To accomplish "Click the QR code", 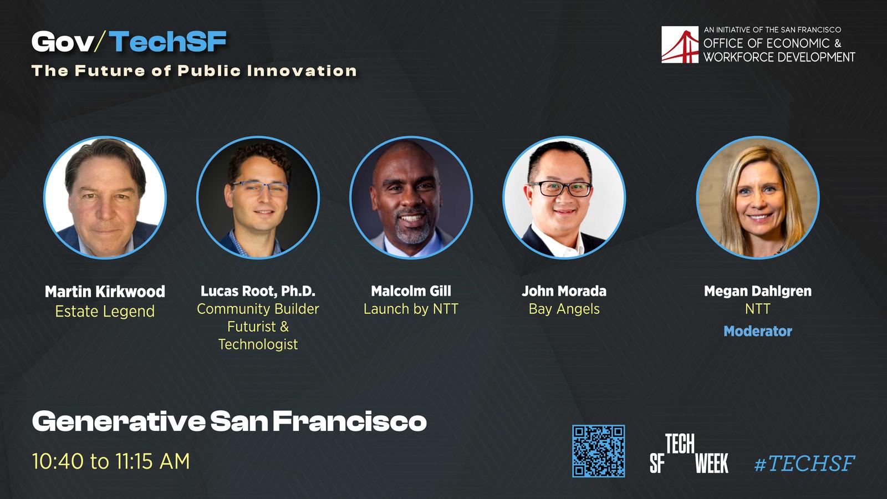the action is click(598, 451).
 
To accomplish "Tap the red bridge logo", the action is click(680, 44).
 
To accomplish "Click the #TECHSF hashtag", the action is click(804, 463).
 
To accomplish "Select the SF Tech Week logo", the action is click(689, 454).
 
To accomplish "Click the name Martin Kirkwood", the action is click(105, 292).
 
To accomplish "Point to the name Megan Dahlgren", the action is click(757, 291).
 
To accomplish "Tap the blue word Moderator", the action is click(757, 331).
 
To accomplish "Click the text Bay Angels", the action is click(564, 309).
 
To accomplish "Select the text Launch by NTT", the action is click(411, 309).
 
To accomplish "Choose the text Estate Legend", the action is click(105, 311).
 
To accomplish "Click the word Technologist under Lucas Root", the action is click(258, 344).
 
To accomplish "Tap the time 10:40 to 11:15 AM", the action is click(111, 461).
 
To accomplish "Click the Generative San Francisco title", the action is click(230, 421).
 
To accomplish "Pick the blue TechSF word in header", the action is click(168, 42).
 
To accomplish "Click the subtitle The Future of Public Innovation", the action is click(194, 71).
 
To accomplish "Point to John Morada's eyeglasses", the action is click(560, 189).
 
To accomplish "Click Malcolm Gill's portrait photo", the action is click(411, 197).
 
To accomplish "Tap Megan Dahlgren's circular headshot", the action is click(757, 197).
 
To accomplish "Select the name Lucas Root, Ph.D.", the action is click(258, 292).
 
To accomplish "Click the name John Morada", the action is click(564, 291).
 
